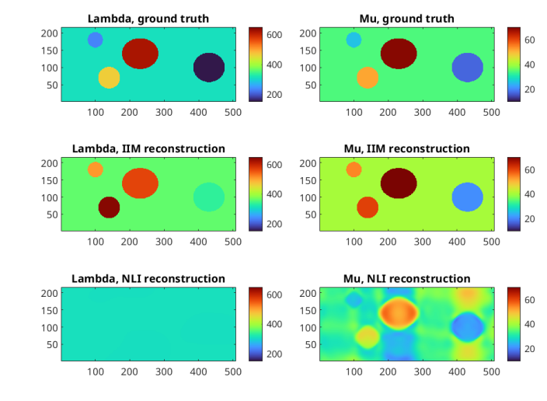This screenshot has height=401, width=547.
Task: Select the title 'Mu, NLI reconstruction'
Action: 406,278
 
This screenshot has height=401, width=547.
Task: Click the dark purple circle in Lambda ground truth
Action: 209,68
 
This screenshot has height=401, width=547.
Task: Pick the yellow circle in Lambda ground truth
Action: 109,78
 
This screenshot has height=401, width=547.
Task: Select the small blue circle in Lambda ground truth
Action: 95,40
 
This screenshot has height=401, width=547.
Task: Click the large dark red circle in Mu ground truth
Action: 399,53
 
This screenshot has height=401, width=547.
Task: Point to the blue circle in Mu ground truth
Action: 467,68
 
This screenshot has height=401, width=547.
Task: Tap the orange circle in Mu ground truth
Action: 368,78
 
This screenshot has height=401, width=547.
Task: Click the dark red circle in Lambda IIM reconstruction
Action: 109,207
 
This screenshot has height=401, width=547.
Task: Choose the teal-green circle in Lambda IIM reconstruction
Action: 209,197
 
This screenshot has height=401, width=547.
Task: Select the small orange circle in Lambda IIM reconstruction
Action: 95,169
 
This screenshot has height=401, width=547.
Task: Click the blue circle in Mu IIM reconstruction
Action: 467,197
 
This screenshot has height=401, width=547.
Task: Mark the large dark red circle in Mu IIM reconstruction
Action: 399,183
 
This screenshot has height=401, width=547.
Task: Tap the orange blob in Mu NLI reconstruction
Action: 399,312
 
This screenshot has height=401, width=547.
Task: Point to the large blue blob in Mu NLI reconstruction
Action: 467,326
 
